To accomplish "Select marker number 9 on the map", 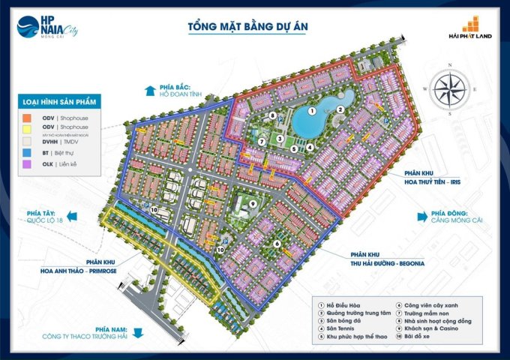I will (x=253, y=203).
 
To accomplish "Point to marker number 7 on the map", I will (x=261, y=141).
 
